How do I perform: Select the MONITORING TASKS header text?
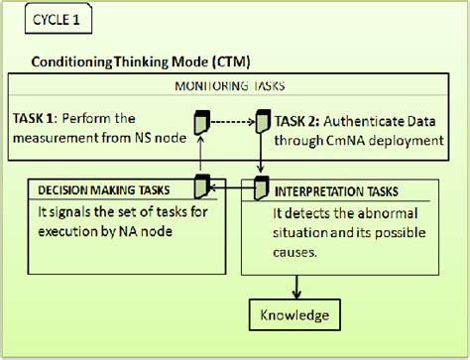click(x=233, y=85)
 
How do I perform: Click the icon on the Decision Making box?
click(x=200, y=185)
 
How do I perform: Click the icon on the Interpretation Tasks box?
click(x=263, y=185)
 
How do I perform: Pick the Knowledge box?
click(x=295, y=316)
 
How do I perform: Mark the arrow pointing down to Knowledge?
click(x=295, y=285)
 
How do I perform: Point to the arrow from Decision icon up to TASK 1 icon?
click(x=200, y=155)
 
